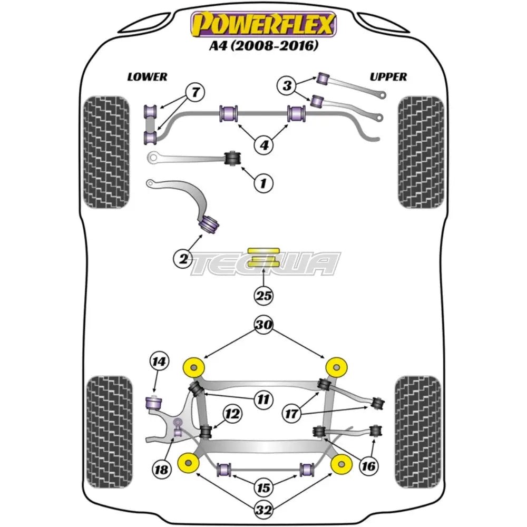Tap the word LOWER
(x=147, y=77)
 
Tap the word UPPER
(x=388, y=77)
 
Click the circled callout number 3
(x=287, y=85)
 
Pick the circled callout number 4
(x=263, y=143)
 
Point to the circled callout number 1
(x=263, y=183)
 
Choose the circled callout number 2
(x=183, y=258)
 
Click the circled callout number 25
(x=264, y=296)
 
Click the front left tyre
(x=106, y=152)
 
